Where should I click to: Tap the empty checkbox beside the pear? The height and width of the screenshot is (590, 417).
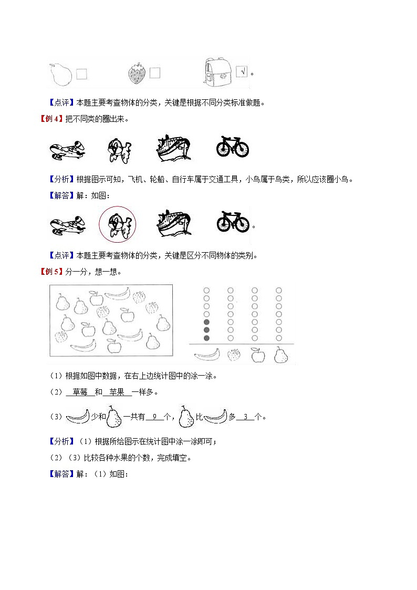(81, 74)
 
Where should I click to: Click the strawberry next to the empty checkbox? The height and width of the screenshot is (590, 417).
(137, 74)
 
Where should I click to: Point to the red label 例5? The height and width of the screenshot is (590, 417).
(51, 272)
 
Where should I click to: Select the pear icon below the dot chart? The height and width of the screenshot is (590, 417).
(280, 355)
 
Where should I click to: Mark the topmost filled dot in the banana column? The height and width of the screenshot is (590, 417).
(206, 322)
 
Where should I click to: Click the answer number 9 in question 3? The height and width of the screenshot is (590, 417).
(154, 417)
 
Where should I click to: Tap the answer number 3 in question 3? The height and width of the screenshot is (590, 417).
(245, 417)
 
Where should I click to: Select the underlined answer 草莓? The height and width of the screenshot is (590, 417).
(80, 392)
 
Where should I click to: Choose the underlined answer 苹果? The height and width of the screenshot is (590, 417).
(116, 392)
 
